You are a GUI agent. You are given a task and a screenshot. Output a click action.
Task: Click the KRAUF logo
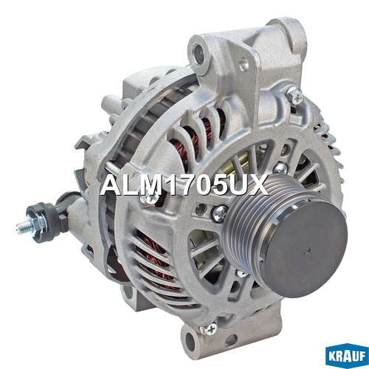(x=346, y=356)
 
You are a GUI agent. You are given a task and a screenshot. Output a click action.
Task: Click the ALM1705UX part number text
(x=184, y=184)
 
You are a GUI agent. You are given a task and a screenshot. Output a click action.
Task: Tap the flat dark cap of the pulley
(x=306, y=249)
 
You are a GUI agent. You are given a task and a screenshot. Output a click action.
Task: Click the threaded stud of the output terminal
(x=24, y=227)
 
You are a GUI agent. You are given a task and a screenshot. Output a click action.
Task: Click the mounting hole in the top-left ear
(x=199, y=52)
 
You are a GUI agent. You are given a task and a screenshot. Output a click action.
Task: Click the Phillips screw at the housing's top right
(x=294, y=95)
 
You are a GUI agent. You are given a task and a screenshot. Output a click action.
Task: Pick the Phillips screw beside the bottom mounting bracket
(x=209, y=328)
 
